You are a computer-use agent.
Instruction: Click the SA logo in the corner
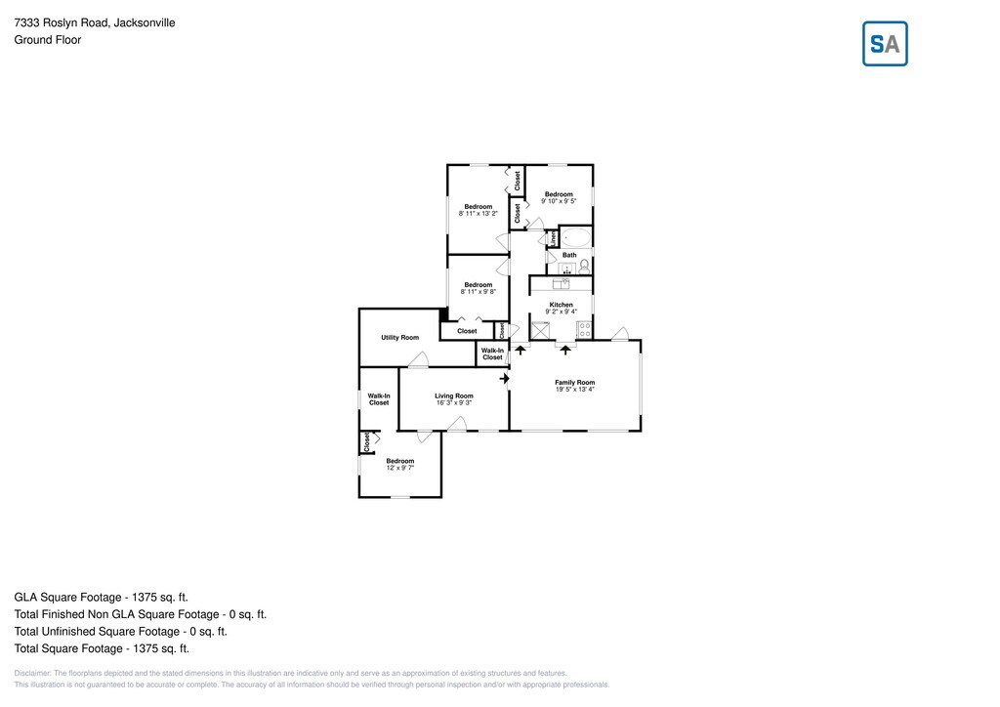pyautogui.click(x=885, y=44)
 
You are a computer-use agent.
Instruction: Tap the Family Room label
pyautogui.click(x=574, y=382)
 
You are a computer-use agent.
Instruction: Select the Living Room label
pyautogui.click(x=454, y=395)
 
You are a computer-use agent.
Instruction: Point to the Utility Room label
pyautogui.click(x=399, y=338)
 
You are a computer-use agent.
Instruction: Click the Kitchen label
pyautogui.click(x=561, y=305)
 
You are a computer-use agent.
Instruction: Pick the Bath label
pyautogui.click(x=569, y=255)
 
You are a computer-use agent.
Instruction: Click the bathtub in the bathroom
pyautogui.click(x=575, y=237)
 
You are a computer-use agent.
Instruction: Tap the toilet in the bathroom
pyautogui.click(x=584, y=266)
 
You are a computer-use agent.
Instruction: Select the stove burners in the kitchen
pyautogui.click(x=584, y=329)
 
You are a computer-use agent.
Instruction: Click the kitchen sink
pyautogui.click(x=562, y=284)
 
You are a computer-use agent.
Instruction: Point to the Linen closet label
pyautogui.click(x=552, y=237)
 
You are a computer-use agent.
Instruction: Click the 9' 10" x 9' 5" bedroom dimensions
pyautogui.click(x=559, y=201)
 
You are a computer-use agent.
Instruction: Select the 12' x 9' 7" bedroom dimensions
pyautogui.click(x=400, y=468)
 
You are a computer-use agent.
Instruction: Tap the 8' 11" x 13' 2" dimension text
pyautogui.click(x=479, y=213)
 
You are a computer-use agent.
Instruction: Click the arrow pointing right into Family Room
pyautogui.click(x=505, y=378)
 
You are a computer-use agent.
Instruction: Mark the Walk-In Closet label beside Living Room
pyautogui.click(x=379, y=398)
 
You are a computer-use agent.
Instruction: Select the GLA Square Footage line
pyautogui.click(x=101, y=597)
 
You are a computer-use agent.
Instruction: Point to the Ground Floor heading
pyautogui.click(x=47, y=40)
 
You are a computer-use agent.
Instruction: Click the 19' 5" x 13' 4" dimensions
pyautogui.click(x=574, y=390)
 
